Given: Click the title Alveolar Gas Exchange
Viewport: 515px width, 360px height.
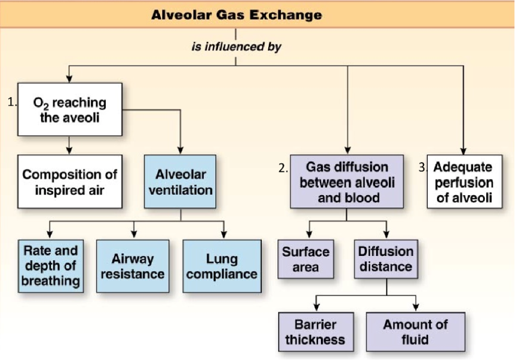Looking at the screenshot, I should pos(236,15).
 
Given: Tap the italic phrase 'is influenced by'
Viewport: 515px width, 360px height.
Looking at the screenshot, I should pos(236,47).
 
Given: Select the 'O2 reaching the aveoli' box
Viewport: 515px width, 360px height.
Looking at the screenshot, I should pos(69,109).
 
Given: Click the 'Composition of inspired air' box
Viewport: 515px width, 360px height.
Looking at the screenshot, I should pos(69,182).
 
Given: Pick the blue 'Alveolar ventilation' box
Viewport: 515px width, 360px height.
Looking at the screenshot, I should pos(180,182).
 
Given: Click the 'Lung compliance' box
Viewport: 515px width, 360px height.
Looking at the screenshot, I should pos(221,266).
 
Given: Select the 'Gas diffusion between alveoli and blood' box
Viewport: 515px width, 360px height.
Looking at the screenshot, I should pos(347,182).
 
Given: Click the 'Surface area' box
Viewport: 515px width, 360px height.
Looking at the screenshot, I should pos(306,259).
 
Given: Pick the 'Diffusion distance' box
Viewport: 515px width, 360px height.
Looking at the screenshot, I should pos(386,259).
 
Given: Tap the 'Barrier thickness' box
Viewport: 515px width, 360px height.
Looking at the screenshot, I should pos(316,332).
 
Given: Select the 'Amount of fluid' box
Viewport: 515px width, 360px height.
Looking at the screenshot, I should pos(415,332).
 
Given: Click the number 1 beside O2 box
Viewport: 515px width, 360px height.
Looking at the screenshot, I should pos(11,101).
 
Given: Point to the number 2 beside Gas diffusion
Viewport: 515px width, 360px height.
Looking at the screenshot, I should pos(283,169).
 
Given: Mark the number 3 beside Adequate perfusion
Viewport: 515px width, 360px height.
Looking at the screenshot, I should pos(423,168).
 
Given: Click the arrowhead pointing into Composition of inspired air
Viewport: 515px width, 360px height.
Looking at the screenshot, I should pos(69,150).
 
